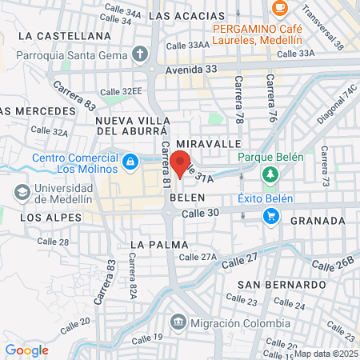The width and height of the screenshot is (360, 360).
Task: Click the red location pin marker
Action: pyautogui.click(x=181, y=163)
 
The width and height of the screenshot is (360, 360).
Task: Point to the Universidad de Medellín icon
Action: pyautogui.click(x=22, y=193)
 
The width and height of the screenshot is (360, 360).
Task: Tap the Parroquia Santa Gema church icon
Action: pyautogui.click(x=141, y=54)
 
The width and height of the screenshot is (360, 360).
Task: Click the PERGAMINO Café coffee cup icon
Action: pyautogui.click(x=279, y=7)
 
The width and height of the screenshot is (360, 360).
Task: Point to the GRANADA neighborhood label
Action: pyautogui.click(x=318, y=220)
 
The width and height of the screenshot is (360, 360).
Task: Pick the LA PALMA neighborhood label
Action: pyautogui.click(x=162, y=244)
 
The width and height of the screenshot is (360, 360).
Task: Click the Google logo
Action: pyautogui.click(x=26, y=350)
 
